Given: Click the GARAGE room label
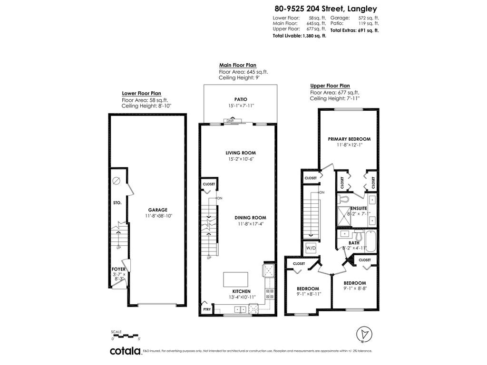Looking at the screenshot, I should coord(157,210).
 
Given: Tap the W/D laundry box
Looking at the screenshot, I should coord(311,248).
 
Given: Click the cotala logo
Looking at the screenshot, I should coord(125,351).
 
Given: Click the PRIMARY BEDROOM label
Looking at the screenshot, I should coord(349,139).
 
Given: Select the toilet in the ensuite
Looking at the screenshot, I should coord(345,198).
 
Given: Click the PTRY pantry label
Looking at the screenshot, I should coord(207,309).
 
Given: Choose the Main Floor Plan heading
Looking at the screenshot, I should coord(237,65).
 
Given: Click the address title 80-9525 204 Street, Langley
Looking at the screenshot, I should coord(325,8).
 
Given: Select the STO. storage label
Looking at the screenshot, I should coord(117,203).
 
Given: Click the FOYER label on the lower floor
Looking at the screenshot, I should coord(118,269).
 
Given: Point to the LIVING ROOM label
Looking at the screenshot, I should coord(237,153).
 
